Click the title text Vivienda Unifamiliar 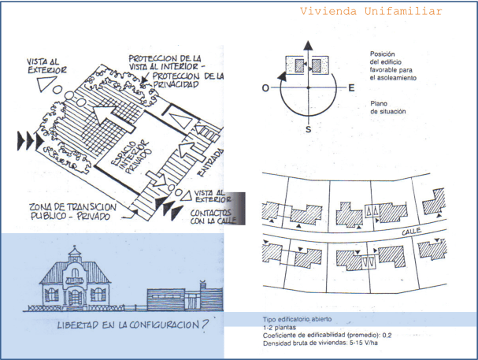coord(370,12)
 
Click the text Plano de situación coord(387,107)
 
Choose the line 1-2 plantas coord(280,328)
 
